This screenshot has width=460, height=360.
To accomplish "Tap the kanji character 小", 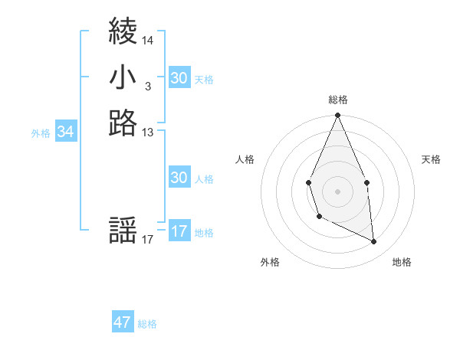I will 123,77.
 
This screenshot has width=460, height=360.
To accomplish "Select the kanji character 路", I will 123,123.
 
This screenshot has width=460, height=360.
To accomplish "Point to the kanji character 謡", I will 123,231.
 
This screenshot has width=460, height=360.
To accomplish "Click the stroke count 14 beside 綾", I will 148,40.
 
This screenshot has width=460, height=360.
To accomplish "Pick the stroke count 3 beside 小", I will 147,87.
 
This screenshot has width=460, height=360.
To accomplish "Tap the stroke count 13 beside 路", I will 148,132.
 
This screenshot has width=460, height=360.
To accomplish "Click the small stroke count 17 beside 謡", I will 148,240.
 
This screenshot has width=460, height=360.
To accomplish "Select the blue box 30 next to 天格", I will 179,78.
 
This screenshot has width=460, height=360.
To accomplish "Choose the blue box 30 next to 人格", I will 179,178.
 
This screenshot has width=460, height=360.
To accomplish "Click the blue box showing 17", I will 179,231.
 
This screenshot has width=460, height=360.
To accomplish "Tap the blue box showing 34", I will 66,132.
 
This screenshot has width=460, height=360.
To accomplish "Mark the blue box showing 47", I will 123,322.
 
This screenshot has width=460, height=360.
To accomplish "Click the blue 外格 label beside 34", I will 41,133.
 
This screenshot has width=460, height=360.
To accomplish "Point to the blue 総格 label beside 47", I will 147,324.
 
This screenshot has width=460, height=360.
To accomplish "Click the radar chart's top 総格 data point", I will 337,116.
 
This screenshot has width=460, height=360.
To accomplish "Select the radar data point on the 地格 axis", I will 374,241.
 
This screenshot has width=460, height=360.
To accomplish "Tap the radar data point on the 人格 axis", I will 308,183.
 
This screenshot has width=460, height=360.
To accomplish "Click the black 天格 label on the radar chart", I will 432,159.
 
